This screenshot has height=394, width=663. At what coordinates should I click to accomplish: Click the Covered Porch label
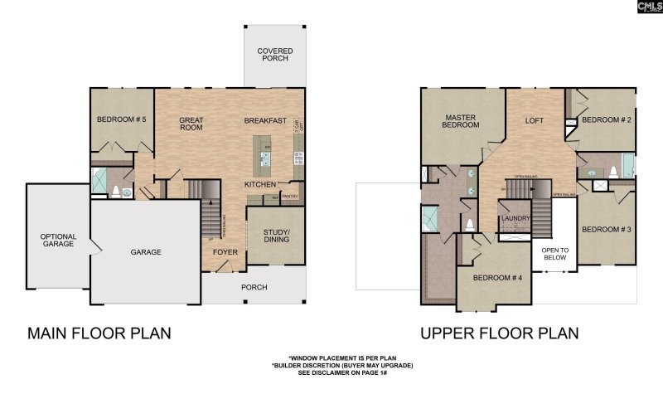tap(274, 55)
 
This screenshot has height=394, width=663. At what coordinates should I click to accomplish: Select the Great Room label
tap(191, 124)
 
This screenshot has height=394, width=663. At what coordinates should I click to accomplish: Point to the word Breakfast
tap(265, 121)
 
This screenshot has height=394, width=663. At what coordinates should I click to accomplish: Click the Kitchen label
tap(259, 183)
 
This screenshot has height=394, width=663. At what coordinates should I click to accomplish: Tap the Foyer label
tap(225, 251)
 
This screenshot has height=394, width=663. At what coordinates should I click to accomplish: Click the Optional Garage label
tap(58, 241)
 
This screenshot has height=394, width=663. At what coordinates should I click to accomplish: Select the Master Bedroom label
tap(462, 121)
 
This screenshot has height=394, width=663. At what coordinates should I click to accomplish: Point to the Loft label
tap(535, 120)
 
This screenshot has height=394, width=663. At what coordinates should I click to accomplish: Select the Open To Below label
tap(554, 254)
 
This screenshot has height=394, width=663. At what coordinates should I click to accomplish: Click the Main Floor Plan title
tap(99, 333)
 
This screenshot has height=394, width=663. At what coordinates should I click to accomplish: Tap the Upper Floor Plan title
tap(499, 333)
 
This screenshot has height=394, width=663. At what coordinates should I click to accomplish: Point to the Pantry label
tap(289, 197)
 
